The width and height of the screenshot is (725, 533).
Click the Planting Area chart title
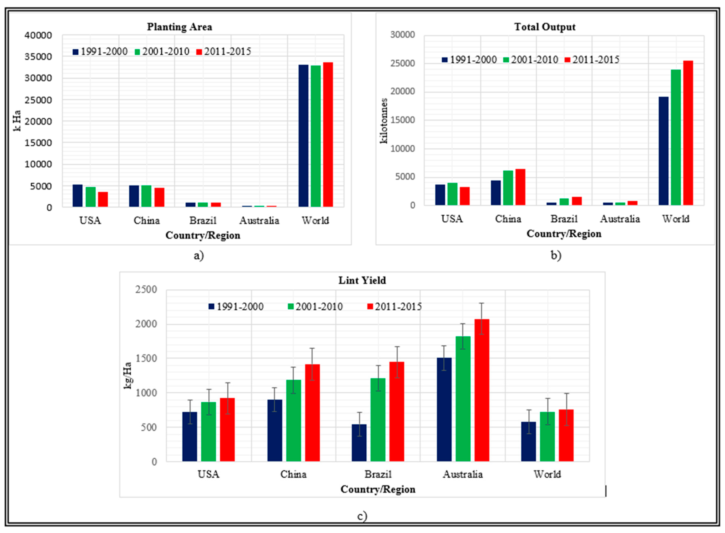pos(180,27)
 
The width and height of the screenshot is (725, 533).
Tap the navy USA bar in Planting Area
pos(77,196)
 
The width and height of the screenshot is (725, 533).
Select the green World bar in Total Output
pos(676,137)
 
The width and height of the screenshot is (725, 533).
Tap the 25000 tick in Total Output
pos(402,63)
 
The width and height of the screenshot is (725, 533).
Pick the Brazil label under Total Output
pos(564,219)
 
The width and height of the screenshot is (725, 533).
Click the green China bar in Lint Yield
pos(293,420)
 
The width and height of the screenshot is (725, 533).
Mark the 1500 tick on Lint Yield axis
pos(146,359)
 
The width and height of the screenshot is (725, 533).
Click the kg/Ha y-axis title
pos(128,375)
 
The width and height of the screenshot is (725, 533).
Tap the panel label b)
pos(556,255)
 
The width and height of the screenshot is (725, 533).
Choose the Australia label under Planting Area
pos(259,221)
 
